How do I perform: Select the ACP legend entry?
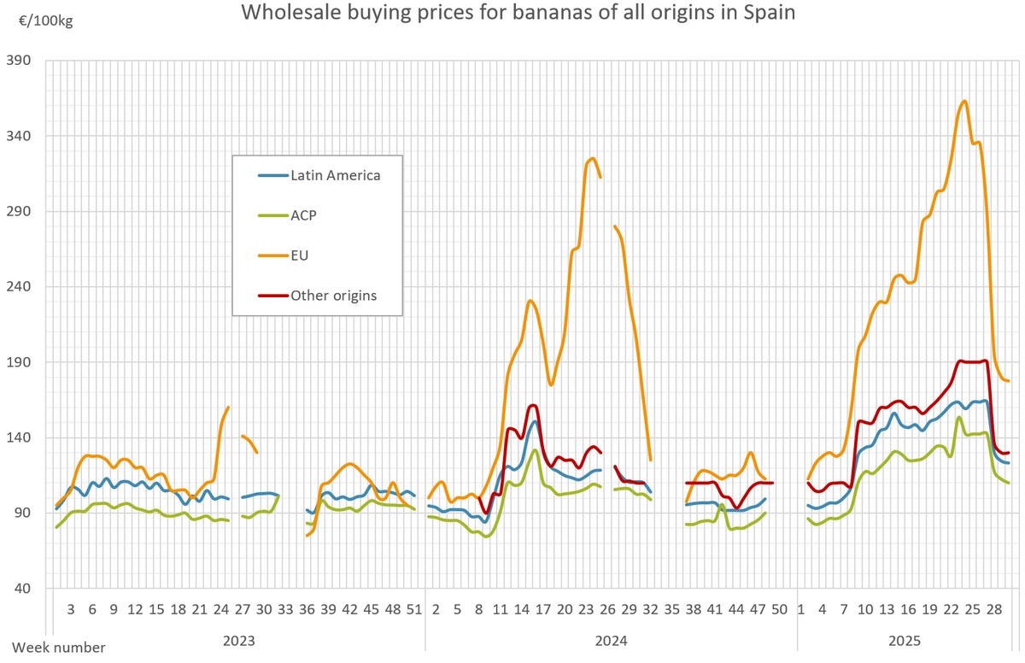coord(303,215)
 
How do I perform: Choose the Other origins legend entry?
coord(333,296)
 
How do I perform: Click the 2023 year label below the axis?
coord(237,640)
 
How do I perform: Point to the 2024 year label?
coord(611,640)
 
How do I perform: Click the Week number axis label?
coord(59,648)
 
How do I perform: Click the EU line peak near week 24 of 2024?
coord(591,158)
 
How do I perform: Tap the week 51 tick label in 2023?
coord(414,610)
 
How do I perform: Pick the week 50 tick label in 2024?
coord(779,610)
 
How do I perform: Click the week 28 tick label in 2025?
coord(994,610)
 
